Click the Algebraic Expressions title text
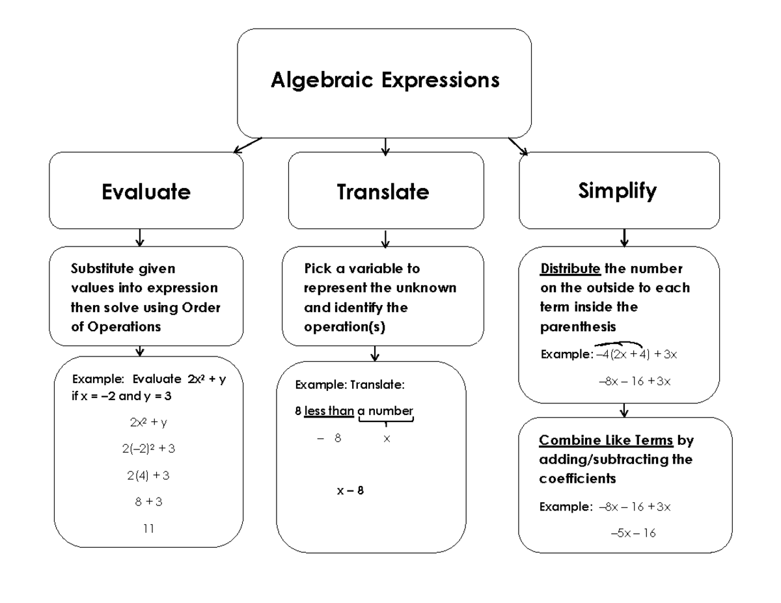[x=385, y=81]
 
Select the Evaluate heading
[x=146, y=192]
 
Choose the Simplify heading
[x=618, y=191]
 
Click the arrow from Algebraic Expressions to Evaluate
[x=247, y=145]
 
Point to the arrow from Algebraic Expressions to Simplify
[x=518, y=146]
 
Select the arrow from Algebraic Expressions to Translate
[x=385, y=146]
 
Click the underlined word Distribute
[x=571, y=269]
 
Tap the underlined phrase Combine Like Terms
[x=606, y=441]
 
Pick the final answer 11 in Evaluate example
[x=148, y=529]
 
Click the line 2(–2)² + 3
[x=148, y=449]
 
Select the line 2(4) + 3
[x=148, y=476]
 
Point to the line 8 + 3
[x=148, y=502]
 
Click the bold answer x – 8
[x=350, y=491]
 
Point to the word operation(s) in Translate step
[x=344, y=327]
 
